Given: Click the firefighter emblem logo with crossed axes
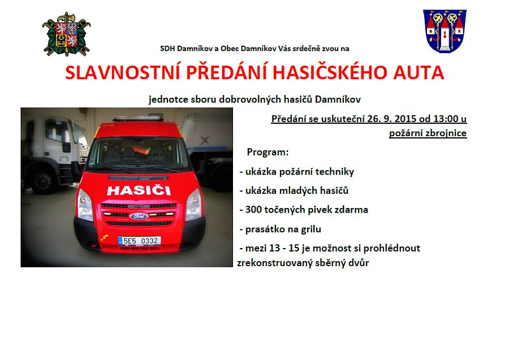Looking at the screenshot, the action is click(x=66, y=34).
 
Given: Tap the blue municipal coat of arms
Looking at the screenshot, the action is click(x=445, y=31).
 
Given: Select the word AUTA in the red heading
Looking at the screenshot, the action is click(x=419, y=72).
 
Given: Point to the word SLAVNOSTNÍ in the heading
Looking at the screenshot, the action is click(x=123, y=72).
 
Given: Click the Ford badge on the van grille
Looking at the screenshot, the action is click(x=139, y=216).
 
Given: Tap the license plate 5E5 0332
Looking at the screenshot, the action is click(x=139, y=241).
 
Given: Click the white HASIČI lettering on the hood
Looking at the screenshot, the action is click(x=139, y=190).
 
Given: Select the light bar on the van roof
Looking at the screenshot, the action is click(x=138, y=118).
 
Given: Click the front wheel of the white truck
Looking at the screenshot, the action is click(x=43, y=181).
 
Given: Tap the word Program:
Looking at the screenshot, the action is click(x=268, y=152).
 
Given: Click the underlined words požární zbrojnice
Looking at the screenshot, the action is click(x=428, y=133).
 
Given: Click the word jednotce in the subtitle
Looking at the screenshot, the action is click(x=169, y=99).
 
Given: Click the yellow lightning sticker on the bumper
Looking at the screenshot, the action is click(x=104, y=237).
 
